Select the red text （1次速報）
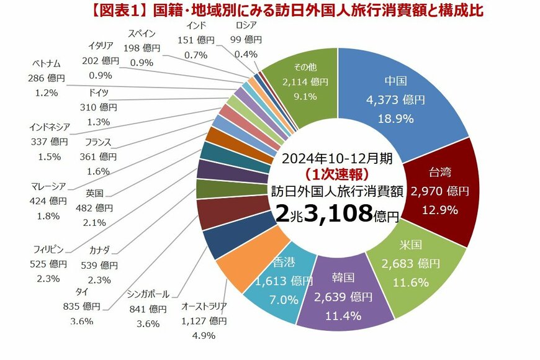336,173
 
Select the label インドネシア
49,127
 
